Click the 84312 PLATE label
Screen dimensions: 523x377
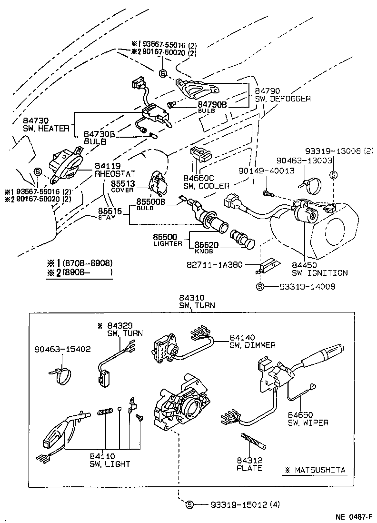249,464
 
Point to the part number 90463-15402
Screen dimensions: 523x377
62,349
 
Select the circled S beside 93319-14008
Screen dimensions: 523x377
259,286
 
